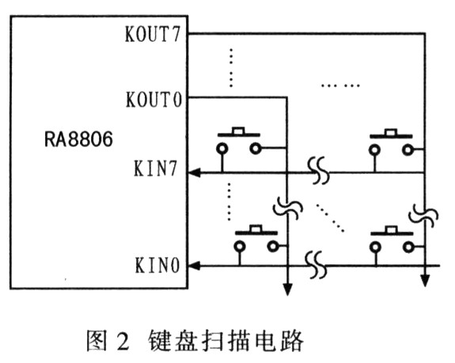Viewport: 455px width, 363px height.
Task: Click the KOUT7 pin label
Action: point(153,34)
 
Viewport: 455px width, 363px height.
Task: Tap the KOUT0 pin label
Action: point(154,100)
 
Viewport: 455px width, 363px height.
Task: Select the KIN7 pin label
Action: point(156,168)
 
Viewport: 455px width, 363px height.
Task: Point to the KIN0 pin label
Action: point(157,265)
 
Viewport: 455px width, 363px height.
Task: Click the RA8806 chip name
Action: point(78,139)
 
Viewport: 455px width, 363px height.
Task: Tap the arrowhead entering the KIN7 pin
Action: point(195,173)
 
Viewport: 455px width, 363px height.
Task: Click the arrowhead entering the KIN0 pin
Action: point(195,266)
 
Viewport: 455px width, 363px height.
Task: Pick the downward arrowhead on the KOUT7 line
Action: point(425,281)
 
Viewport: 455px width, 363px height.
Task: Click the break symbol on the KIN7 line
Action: point(319,171)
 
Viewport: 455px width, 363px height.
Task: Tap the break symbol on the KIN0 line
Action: point(317,265)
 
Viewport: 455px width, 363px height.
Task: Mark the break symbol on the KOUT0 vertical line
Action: point(288,208)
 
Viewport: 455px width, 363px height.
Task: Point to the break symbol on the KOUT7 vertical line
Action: point(423,215)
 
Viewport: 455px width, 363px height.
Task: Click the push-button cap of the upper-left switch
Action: point(239,131)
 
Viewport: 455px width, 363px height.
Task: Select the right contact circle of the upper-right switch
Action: point(408,150)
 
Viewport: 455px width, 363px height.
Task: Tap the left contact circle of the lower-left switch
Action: point(240,247)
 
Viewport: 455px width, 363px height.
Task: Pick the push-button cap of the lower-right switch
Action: point(392,230)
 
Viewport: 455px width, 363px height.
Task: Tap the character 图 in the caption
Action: point(97,340)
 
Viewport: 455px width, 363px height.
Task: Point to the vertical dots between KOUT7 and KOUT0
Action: point(231,68)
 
